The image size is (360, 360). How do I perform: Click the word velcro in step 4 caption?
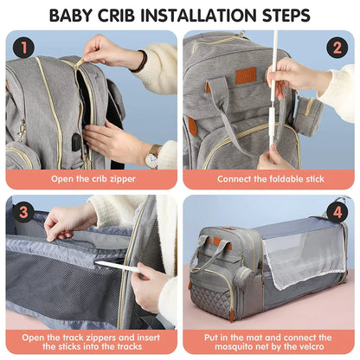click(x=311, y=349)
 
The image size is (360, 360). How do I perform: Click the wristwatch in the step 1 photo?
click(x=152, y=157)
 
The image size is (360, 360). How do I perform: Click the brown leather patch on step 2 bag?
click(x=247, y=75)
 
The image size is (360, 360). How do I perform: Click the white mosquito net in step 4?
click(x=303, y=268)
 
